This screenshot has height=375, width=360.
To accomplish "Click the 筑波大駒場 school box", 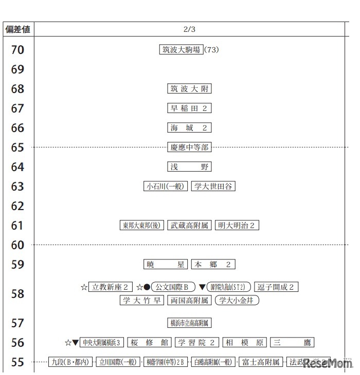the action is coord(181,50).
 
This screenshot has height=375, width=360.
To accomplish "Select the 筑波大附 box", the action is coord(190,89).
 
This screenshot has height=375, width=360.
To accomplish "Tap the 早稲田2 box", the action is coord(190,108).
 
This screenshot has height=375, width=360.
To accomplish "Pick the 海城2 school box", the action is coord(190,128).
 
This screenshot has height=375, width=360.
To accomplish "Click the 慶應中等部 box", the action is coord(190,147).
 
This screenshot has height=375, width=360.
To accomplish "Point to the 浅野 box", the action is coord(190,167).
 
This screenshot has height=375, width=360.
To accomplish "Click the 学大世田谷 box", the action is coord(213,186).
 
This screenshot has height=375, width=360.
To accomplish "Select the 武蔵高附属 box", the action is coord(190,226).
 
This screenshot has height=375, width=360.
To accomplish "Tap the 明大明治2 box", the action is coord(237,226).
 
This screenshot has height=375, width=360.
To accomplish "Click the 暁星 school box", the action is coord(165,265).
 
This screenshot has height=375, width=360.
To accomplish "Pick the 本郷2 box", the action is coord(213,265).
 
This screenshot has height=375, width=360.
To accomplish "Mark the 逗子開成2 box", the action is coord(276,287).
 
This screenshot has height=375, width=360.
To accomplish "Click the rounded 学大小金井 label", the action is coord(237,301).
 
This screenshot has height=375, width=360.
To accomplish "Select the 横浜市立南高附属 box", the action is coord(190,323).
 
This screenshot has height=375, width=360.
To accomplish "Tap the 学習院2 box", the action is coord(197,343).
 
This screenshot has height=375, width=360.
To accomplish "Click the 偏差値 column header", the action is coord(18,29).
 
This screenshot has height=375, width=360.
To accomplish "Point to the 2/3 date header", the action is coord(189,29).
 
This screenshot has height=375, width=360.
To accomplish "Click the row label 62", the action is coord(18,206).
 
